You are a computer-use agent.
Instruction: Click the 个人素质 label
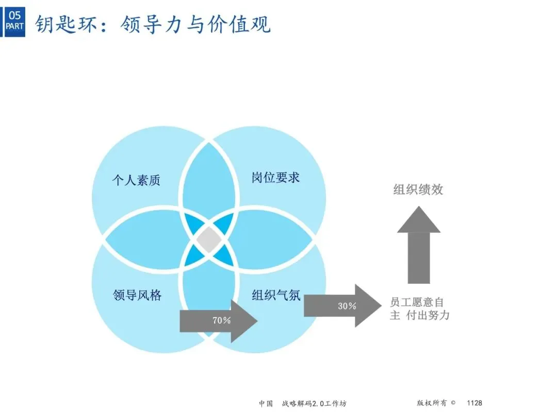[x=136, y=180]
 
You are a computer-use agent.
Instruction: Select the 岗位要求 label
[x=275, y=178]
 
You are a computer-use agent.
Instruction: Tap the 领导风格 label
[x=137, y=295]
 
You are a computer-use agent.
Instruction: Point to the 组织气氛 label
[x=276, y=295]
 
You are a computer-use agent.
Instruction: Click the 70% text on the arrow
[x=222, y=320]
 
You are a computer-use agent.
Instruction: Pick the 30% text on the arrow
[x=347, y=306]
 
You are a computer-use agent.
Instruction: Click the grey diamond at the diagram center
[x=209, y=240]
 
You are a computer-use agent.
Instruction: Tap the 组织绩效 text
[x=418, y=189]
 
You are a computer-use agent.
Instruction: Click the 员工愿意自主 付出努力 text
[x=419, y=308]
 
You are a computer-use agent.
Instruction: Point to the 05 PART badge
[x=14, y=21]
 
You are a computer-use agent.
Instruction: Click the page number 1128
[x=474, y=403]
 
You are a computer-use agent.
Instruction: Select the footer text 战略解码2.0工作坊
[x=314, y=404]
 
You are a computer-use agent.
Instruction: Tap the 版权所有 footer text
[x=431, y=403]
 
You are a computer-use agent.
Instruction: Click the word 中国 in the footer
[x=266, y=404]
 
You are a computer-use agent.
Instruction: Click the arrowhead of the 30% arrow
[x=368, y=306]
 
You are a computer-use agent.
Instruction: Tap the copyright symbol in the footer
[x=453, y=403]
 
